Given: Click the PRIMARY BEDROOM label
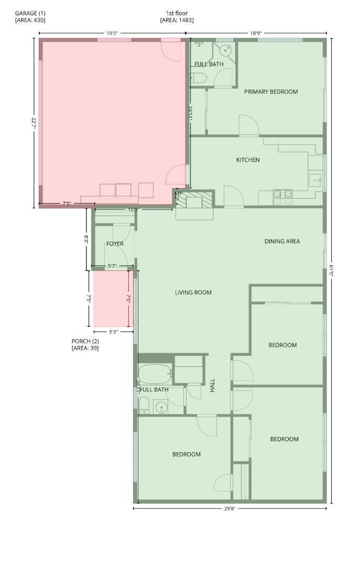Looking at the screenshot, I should (271, 92).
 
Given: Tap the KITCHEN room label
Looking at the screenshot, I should (248, 160).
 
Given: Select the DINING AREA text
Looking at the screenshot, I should (282, 242).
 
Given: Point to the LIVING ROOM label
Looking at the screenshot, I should (193, 292).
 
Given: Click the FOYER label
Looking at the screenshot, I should (115, 244).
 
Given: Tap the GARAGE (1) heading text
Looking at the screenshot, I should (30, 13).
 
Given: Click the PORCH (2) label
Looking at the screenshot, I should (85, 341).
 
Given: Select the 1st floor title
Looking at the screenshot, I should (177, 13).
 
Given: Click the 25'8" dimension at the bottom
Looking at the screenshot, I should (230, 508).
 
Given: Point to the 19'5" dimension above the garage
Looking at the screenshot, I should (112, 33).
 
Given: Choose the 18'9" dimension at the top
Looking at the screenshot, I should (256, 33).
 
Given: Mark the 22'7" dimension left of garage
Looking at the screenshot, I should (34, 124).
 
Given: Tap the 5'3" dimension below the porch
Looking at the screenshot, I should (113, 332).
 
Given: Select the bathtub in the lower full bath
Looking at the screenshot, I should (155, 374).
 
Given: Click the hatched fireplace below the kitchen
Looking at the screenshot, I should (194, 200).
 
